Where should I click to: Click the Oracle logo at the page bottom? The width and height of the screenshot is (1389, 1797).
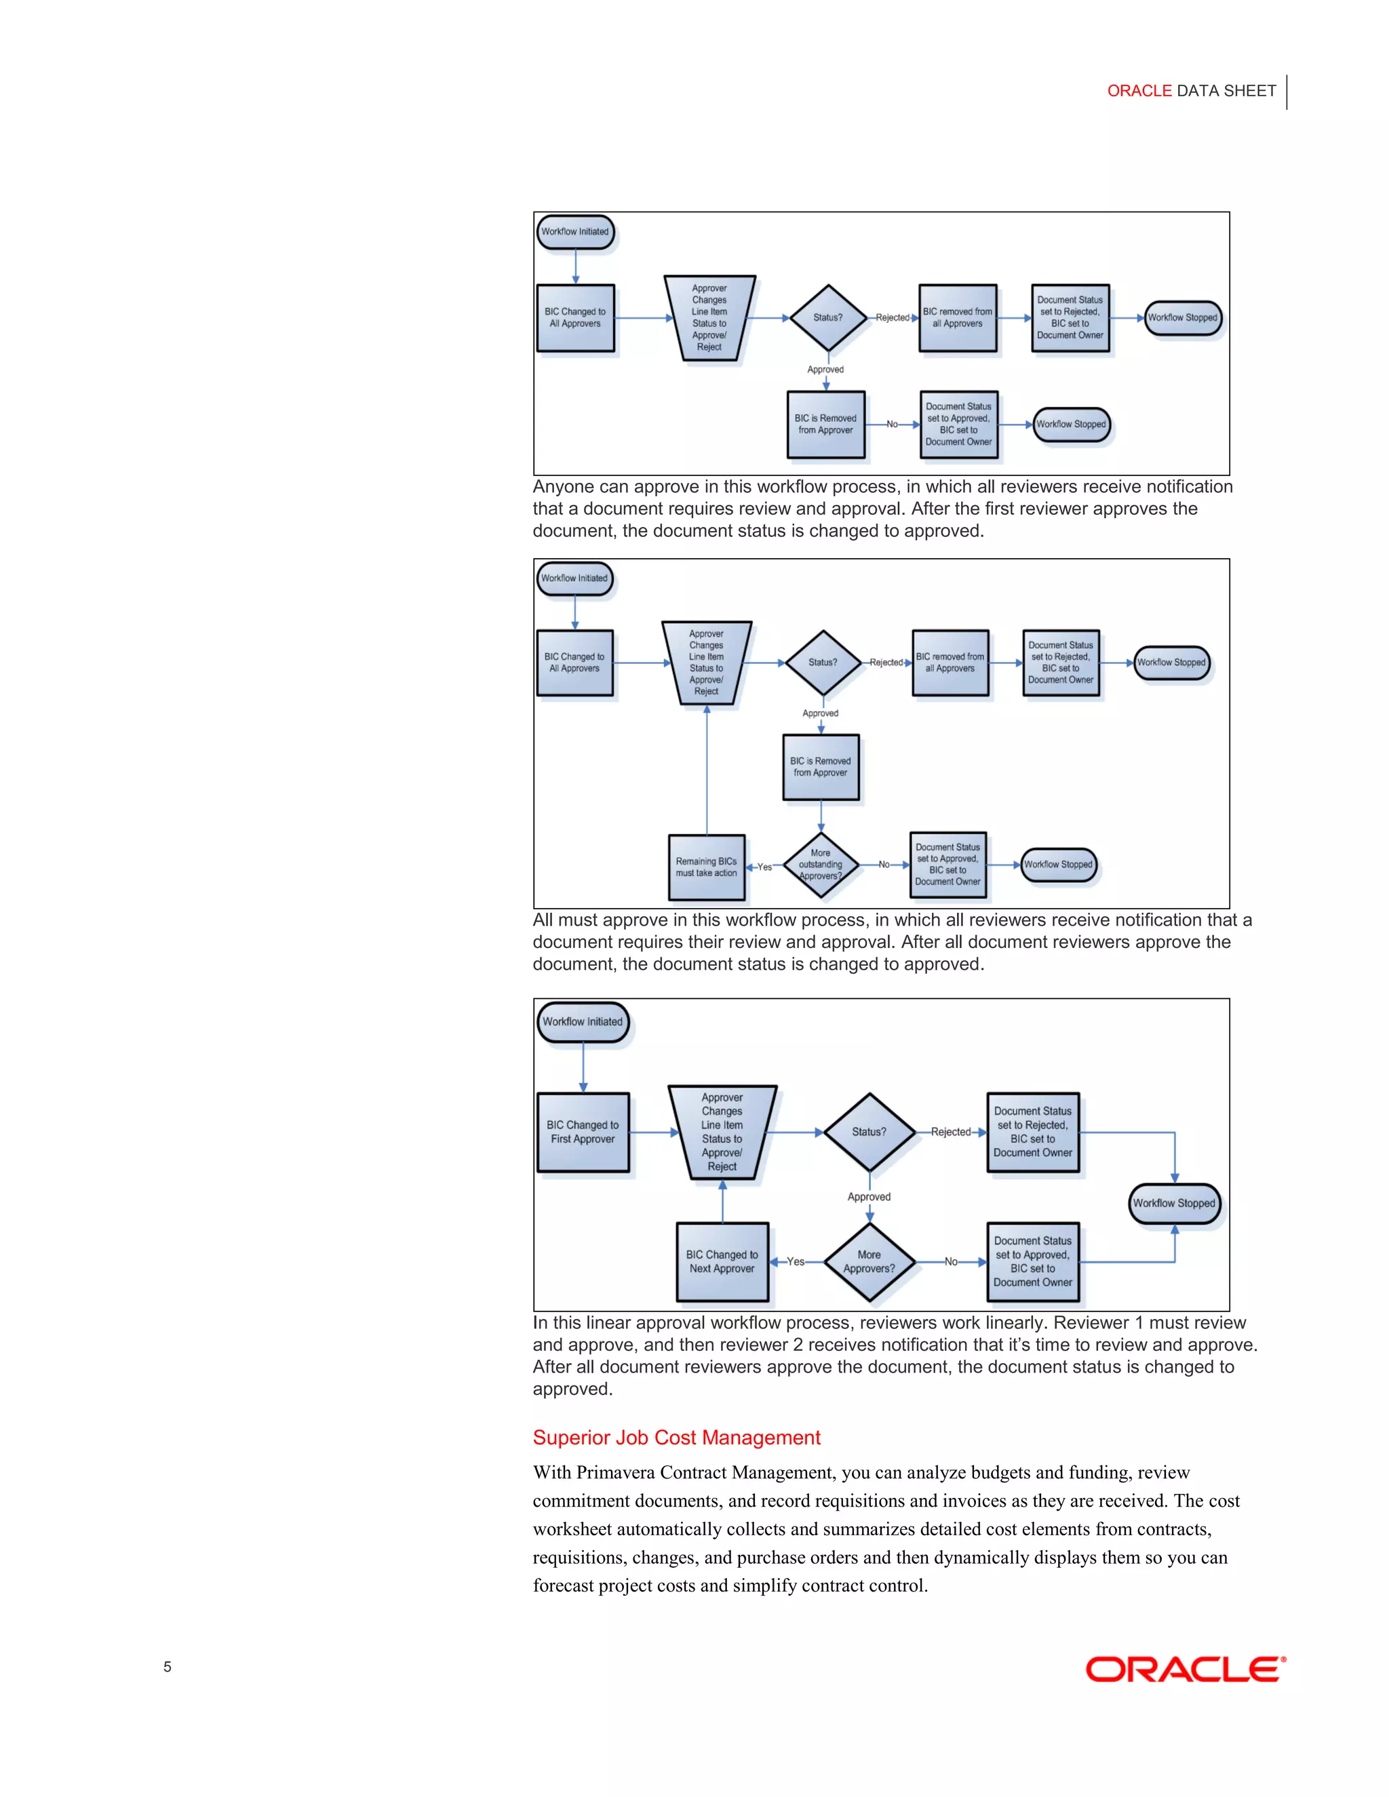click(1185, 1669)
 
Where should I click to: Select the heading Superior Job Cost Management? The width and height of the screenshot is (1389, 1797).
click(676, 1438)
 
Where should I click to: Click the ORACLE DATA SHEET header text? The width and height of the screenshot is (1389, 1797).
click(1191, 90)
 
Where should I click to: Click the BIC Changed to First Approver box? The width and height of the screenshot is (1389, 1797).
click(583, 1132)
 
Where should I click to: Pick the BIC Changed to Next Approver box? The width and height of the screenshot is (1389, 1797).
click(722, 1261)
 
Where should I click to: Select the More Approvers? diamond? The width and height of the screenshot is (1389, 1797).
click(869, 1261)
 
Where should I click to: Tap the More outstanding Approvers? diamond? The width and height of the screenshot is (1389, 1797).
click(821, 865)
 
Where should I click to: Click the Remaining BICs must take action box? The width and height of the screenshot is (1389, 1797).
click(706, 867)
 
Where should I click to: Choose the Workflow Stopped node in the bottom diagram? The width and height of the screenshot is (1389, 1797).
click(1173, 1203)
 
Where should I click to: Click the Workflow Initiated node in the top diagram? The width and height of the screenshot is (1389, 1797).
click(574, 232)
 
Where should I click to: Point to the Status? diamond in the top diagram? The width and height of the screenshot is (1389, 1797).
click(828, 317)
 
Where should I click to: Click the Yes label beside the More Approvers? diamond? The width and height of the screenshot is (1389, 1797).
click(795, 1261)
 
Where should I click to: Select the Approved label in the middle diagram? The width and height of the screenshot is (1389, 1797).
click(821, 713)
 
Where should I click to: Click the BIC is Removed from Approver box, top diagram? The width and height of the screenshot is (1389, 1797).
click(825, 424)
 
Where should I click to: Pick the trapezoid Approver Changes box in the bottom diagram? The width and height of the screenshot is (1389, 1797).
click(722, 1132)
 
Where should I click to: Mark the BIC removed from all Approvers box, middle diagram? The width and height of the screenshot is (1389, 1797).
click(950, 663)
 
